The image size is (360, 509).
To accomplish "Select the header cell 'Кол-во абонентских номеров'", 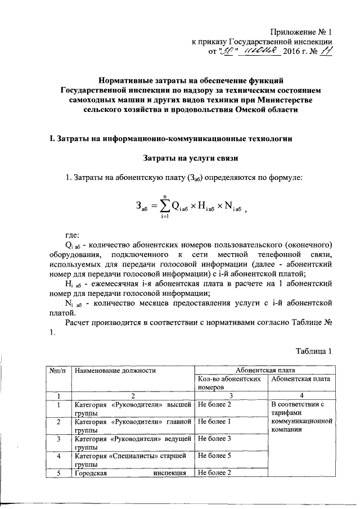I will pos(230,383).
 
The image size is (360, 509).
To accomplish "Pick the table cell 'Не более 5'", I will pos(214,456).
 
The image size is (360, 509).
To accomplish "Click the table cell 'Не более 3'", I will pos(214,438).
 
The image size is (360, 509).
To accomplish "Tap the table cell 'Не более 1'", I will pos(214,421).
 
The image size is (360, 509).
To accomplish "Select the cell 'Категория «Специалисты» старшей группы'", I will pos(133,460).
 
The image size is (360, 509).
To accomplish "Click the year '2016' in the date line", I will pos(291,52).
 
